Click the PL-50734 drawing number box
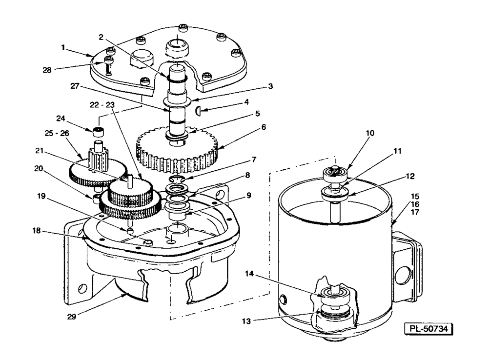click(428, 329)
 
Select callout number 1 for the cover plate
click(63, 48)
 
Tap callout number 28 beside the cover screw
click(47, 70)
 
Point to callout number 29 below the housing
click(72, 317)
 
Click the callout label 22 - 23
click(102, 105)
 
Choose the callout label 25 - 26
click(56, 133)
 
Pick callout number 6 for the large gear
click(264, 127)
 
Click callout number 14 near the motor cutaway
click(249, 274)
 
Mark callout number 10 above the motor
click(370, 133)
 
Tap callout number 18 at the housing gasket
click(37, 231)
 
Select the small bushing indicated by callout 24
click(99, 132)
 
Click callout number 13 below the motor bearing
click(246, 321)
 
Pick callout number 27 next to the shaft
click(75, 86)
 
